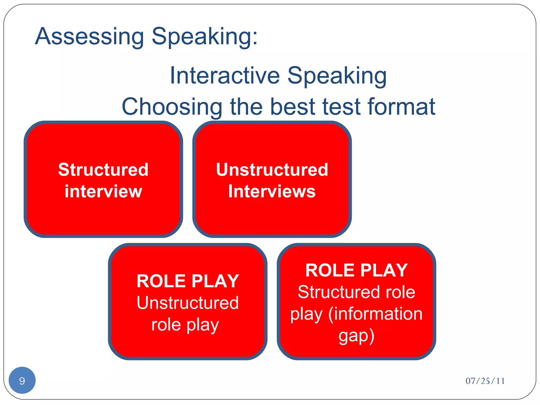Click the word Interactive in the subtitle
click(x=225, y=76)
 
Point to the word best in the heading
click(x=293, y=107)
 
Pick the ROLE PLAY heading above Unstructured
click(x=187, y=281)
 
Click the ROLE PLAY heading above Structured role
click(x=356, y=270)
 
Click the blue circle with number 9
click(x=22, y=380)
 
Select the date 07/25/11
click(x=485, y=381)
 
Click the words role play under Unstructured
click(x=185, y=325)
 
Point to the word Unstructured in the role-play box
click(x=187, y=303)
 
